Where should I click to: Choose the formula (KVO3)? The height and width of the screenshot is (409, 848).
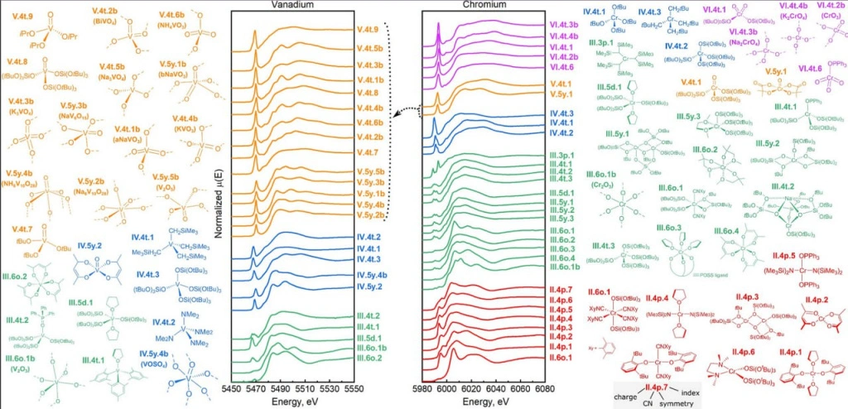190,128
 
